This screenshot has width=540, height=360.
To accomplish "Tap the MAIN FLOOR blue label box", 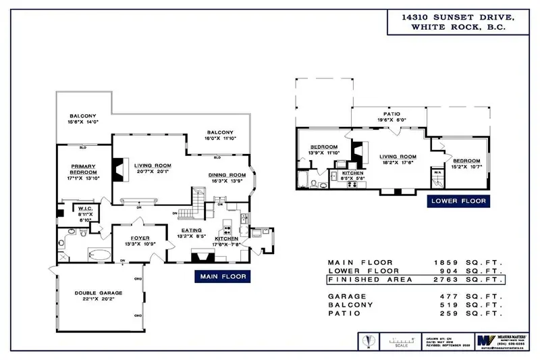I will click(222, 276).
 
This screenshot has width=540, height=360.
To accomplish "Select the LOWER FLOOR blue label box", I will click(457, 201).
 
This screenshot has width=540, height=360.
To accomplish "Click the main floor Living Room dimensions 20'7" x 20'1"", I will click(153, 172).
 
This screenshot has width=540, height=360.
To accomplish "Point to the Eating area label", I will click(189, 233).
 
